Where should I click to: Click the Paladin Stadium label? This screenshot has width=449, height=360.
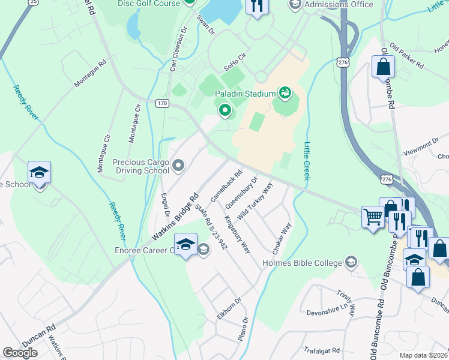(244, 94)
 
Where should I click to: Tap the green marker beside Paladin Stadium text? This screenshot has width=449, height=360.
(285, 93)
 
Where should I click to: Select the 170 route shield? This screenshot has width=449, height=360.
(162, 103)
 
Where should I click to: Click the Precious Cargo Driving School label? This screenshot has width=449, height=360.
(141, 166)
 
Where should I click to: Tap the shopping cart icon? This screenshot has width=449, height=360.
(373, 217)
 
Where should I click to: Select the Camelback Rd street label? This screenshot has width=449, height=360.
(226, 185)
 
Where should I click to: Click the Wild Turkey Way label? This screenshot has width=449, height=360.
(255, 199)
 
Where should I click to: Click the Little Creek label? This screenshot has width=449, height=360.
(307, 161)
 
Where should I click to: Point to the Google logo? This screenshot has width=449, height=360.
(20, 353)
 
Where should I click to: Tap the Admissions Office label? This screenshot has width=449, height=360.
(339, 4)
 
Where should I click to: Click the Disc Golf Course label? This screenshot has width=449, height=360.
(149, 4)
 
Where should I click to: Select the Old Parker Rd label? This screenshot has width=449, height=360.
(407, 55)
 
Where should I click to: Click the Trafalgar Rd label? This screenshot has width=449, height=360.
(321, 350)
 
